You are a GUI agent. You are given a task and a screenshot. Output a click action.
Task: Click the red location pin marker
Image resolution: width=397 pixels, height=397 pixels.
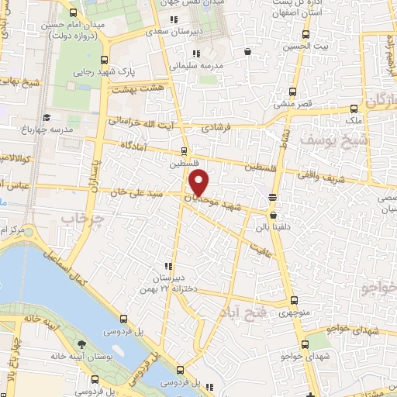(x=200, y=183)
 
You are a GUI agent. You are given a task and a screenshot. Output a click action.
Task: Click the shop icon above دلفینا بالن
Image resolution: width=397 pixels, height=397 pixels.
(x=274, y=213)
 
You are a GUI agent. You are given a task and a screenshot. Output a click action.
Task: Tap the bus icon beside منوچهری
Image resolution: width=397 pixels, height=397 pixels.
(x=293, y=301)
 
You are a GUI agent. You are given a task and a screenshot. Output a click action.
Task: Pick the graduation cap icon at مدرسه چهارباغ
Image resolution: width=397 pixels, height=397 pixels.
(x=47, y=118)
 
